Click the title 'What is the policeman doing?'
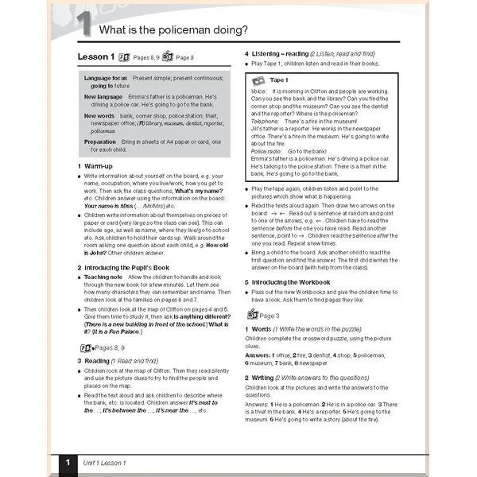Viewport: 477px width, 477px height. (x=173, y=30)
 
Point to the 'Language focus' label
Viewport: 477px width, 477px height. (x=105, y=79)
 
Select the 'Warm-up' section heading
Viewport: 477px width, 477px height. (x=99, y=165)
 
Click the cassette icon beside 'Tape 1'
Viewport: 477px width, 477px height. (x=258, y=81)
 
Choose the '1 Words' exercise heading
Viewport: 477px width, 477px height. (x=260, y=328)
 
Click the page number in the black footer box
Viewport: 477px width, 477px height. (x=68, y=463)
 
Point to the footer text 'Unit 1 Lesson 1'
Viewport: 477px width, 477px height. (x=107, y=463)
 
